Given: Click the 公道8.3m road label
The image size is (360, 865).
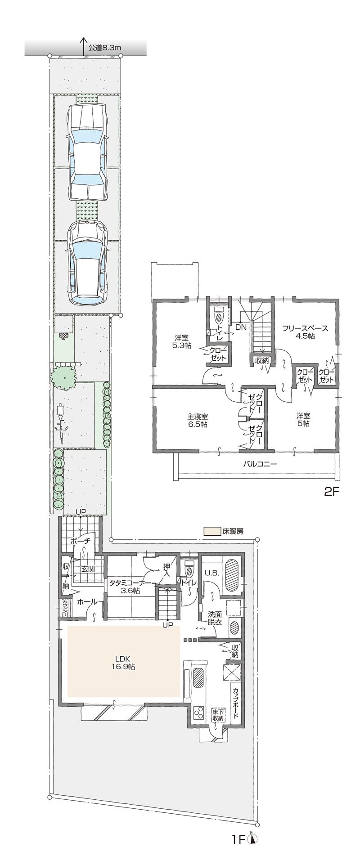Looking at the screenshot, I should click(105, 47).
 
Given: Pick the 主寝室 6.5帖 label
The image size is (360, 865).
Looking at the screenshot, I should click(198, 420).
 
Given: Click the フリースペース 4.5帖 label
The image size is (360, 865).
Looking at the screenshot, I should click(305, 332).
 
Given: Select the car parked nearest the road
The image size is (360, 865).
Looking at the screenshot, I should click(88, 153).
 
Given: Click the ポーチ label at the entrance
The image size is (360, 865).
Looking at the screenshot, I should click(81, 542).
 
